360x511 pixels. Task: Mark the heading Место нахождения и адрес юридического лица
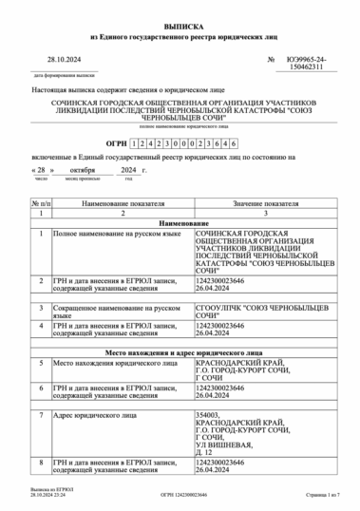(x=180, y=350)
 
